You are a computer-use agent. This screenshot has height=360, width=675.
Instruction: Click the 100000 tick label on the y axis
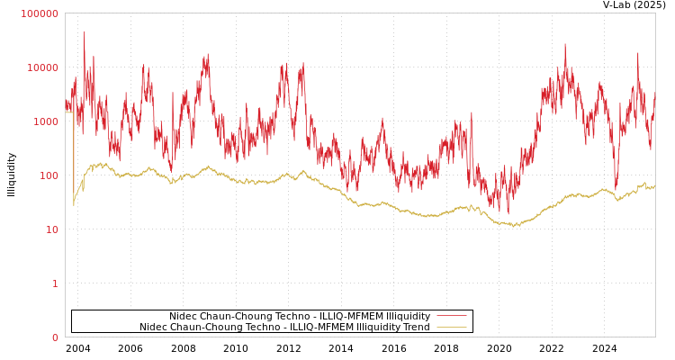40,13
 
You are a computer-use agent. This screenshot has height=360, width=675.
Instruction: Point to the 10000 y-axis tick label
42,67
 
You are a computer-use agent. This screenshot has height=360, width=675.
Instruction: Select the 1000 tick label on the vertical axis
45,121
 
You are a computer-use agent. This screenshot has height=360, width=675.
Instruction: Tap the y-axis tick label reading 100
48,175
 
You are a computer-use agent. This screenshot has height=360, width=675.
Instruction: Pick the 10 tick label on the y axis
51,229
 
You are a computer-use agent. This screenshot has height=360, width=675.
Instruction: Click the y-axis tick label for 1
54,283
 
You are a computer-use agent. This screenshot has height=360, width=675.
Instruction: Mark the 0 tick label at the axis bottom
54,337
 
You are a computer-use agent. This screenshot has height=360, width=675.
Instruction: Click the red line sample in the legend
451,316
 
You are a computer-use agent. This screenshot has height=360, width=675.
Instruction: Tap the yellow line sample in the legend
451,327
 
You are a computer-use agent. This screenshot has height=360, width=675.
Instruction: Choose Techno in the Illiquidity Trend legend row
249,327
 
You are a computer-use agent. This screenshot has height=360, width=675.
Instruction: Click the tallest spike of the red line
85,32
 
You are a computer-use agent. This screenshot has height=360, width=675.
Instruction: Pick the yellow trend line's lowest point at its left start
74,205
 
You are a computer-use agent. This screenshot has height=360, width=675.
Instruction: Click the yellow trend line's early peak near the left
101,164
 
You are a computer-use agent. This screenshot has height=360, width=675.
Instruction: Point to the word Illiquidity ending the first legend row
408,316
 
